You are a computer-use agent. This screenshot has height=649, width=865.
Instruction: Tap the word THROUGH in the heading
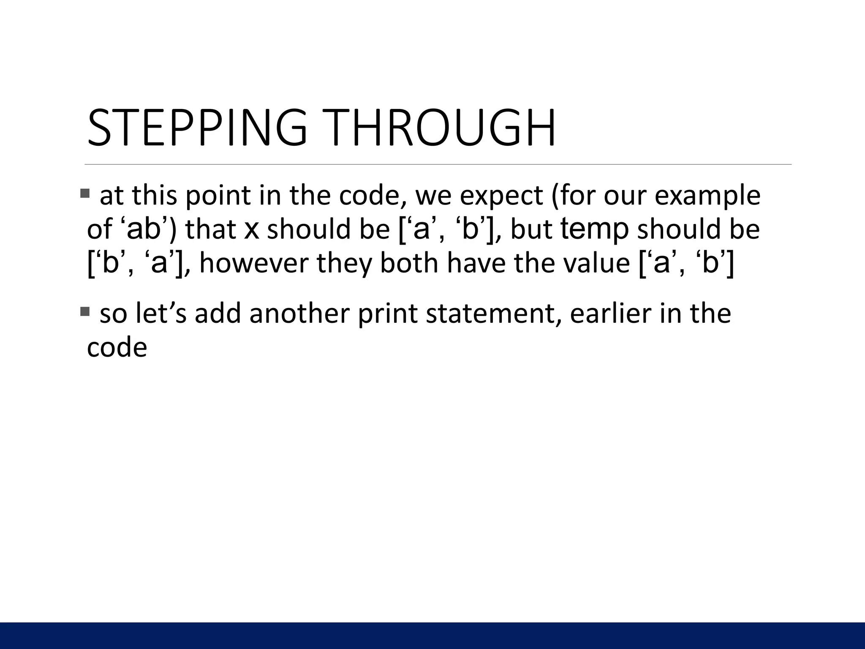pyautogui.click(x=441, y=128)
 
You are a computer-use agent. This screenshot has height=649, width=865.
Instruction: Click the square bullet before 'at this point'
pyautogui.click(x=84, y=194)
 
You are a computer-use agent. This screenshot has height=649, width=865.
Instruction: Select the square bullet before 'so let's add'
pyautogui.click(x=84, y=312)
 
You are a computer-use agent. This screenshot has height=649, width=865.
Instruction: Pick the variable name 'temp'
pyautogui.click(x=594, y=229)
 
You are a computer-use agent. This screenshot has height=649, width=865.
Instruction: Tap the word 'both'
pyautogui.click(x=410, y=263)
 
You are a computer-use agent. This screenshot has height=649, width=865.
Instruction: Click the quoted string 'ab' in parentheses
pyautogui.click(x=144, y=229)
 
